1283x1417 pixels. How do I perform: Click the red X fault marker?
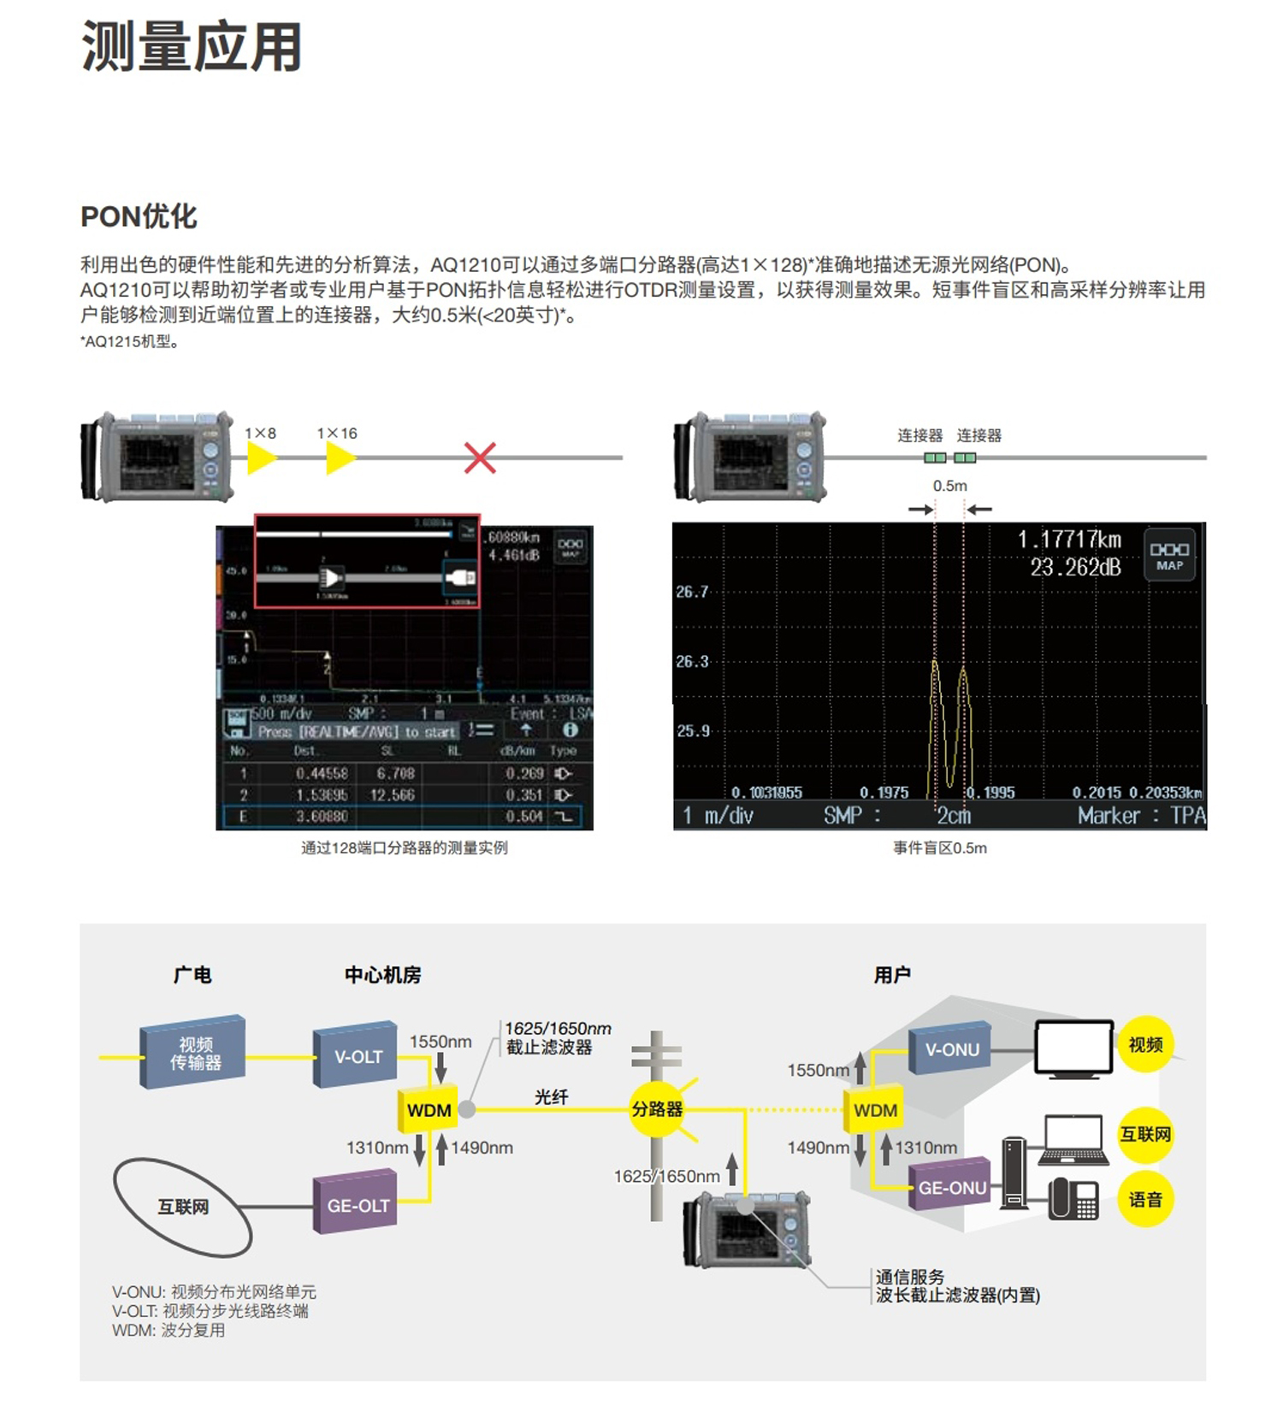pos(480,458)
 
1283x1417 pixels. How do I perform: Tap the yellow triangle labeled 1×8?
pos(261,458)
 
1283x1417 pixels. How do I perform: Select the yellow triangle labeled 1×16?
pos(340,458)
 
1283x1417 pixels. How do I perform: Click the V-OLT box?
pos(357,1055)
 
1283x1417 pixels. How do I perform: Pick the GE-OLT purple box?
pos(357,1204)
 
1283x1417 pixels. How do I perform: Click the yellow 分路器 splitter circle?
pos(657,1109)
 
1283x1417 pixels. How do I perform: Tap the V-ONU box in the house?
pos(950,1048)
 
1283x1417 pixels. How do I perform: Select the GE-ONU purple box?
pos(950,1186)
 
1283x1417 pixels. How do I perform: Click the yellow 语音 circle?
pos(1145,1199)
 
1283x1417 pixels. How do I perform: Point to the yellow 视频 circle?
pos(1145,1044)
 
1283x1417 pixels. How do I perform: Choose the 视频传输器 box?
pos(194,1053)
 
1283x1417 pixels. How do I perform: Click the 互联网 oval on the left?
pos(183,1207)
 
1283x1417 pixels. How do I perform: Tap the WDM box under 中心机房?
pos(429,1110)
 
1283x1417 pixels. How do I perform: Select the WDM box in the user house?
pos(875,1110)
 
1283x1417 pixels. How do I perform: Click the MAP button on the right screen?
pos(1169,556)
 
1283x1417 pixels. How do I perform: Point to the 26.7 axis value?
pos(692,592)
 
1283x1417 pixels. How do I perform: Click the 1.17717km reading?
pos(1068,540)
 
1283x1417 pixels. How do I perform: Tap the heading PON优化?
pos(139,217)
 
